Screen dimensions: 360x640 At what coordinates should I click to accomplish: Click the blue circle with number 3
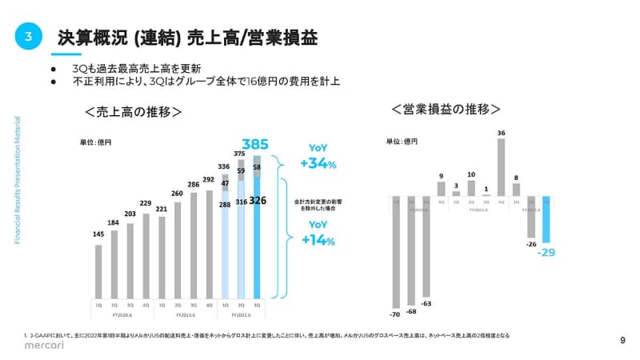coord(28,37)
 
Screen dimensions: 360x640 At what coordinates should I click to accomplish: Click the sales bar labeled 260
coord(178,249)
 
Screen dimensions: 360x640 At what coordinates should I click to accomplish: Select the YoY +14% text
coord(318,234)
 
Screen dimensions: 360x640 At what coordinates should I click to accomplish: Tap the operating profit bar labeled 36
coord(501,167)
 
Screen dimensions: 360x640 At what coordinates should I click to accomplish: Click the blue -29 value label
coord(546,252)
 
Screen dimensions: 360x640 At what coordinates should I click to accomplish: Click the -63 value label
coord(426,303)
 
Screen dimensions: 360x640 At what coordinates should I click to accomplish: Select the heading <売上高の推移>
coord(134,111)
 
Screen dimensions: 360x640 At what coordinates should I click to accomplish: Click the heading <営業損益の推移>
coord(446,109)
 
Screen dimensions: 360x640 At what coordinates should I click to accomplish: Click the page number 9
coord(623,340)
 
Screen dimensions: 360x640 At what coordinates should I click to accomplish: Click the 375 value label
coord(239,153)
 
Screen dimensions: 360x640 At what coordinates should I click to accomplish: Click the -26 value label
coord(530,244)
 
